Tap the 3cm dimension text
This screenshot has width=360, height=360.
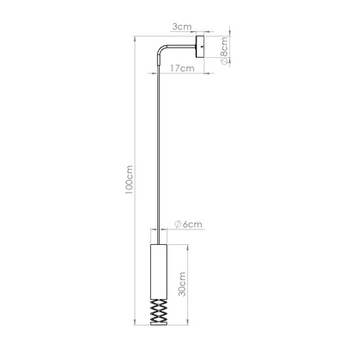coord(182,26)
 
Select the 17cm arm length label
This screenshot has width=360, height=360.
coord(182,68)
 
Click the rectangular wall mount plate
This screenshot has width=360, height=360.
coord(201,47)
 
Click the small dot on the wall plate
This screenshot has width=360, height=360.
coord(202,47)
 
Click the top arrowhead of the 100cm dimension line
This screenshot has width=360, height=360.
coord(136,37)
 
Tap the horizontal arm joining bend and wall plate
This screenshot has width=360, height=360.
coord(178,47)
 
